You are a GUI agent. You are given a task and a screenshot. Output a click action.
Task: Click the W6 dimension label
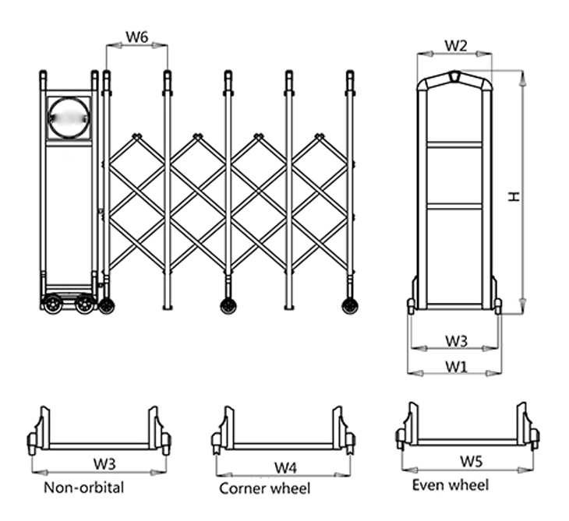(137, 36)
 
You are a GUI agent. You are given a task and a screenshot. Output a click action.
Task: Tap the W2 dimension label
(455, 45)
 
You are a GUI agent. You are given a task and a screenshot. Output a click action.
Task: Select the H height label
(514, 197)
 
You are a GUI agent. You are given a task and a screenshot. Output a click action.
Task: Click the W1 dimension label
(456, 365)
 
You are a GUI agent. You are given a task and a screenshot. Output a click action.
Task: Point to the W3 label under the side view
(456, 340)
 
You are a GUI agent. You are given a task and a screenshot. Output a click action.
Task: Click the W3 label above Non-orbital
(105, 463)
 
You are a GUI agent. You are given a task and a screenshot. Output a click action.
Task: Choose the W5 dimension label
(470, 461)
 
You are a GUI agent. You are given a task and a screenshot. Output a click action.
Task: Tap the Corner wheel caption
(264, 488)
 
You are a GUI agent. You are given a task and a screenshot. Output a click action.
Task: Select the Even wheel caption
(451, 485)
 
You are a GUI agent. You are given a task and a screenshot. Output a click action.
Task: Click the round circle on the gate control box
(69, 118)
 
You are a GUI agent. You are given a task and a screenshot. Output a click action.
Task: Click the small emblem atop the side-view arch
(455, 77)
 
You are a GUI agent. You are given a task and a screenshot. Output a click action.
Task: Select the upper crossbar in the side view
(455, 144)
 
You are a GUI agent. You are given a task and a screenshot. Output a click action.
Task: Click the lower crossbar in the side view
(455, 206)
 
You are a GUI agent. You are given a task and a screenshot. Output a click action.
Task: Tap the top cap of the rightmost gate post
(350, 76)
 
